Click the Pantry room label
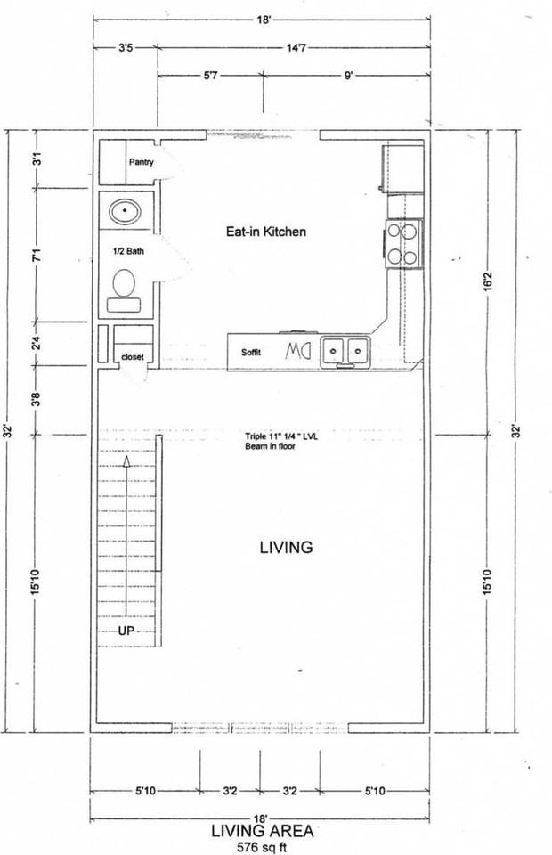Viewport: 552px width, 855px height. (142, 162)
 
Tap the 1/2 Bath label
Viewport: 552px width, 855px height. (128, 251)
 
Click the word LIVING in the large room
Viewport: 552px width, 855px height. (286, 547)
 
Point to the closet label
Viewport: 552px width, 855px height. (133, 357)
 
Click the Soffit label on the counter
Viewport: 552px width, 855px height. (252, 352)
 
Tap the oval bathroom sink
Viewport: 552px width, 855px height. (125, 212)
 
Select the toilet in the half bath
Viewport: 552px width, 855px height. (124, 289)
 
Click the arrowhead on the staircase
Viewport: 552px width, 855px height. (126, 462)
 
